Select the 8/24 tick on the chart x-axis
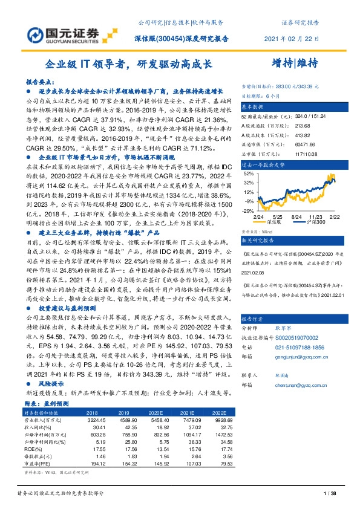pos(296,216)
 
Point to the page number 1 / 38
pos(330,494)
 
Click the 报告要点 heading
pos(38,80)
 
